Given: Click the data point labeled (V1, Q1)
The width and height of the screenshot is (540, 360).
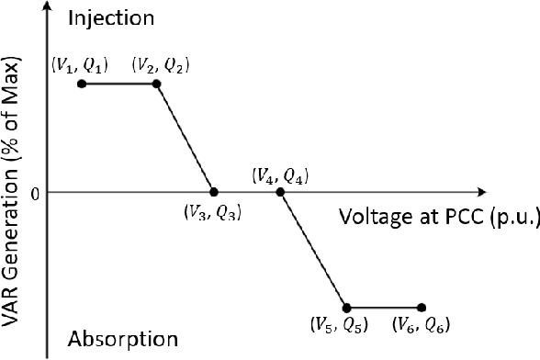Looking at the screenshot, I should pos(82,84).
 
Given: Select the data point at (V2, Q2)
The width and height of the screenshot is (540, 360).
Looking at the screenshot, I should pos(156,84).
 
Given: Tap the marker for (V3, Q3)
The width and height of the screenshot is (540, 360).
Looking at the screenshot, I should pos(214,192).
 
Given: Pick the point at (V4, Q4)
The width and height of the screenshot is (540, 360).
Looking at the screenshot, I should pos(280,192).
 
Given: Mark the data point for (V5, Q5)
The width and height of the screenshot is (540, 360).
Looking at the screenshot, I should pos(346,308).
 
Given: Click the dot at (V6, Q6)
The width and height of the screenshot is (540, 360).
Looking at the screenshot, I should pos(422,308).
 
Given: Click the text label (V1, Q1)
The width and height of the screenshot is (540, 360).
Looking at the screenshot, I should pos(80,64).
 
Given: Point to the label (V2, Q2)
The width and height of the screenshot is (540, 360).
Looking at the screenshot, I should pos(163,64).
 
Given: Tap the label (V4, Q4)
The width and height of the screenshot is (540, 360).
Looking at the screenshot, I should pos(280,174).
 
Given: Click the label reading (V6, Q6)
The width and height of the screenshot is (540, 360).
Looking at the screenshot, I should pos(421,325).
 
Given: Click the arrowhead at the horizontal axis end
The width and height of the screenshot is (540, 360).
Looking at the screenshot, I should pos(480,192).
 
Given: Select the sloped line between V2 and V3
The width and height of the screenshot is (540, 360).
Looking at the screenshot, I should pos(185,138).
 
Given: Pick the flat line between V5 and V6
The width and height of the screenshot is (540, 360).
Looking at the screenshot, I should pos(384,308).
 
